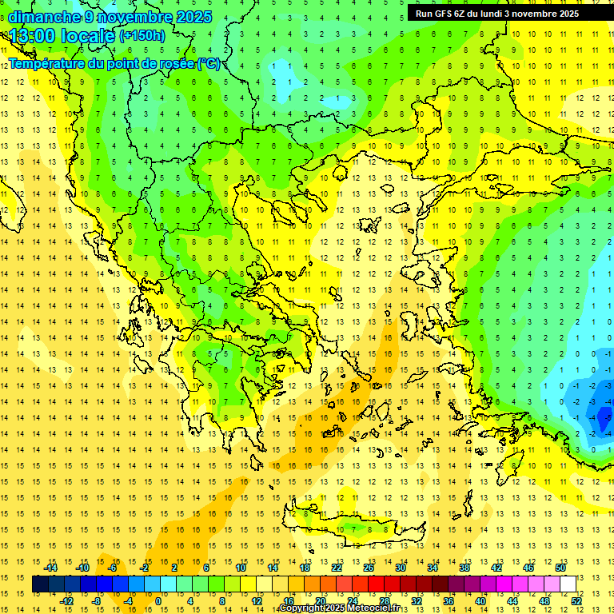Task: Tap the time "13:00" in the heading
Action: coord(33,35)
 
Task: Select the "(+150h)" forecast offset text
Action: coord(142,35)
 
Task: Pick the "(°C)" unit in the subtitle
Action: coord(209,64)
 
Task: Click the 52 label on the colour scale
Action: coord(577,601)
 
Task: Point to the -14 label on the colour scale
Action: coord(50,568)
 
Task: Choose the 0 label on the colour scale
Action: coord(158,601)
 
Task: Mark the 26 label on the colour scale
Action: coord(369,568)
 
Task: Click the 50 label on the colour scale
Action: coord(560,568)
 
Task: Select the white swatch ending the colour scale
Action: coord(568,584)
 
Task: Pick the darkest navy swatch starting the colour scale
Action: coord(40,584)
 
